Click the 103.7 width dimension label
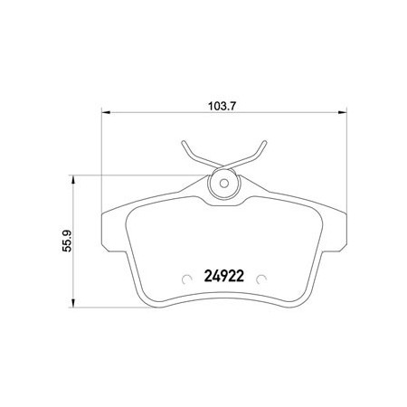(222, 106)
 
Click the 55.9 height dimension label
(67, 241)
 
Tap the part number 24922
(224, 276)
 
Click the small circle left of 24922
(187, 279)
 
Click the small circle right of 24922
(261, 279)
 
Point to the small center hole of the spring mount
(224, 183)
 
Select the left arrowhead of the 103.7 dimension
(106, 112)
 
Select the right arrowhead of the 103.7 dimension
(342, 112)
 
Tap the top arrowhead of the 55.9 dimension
(72, 180)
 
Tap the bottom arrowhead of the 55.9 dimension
(72, 303)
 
